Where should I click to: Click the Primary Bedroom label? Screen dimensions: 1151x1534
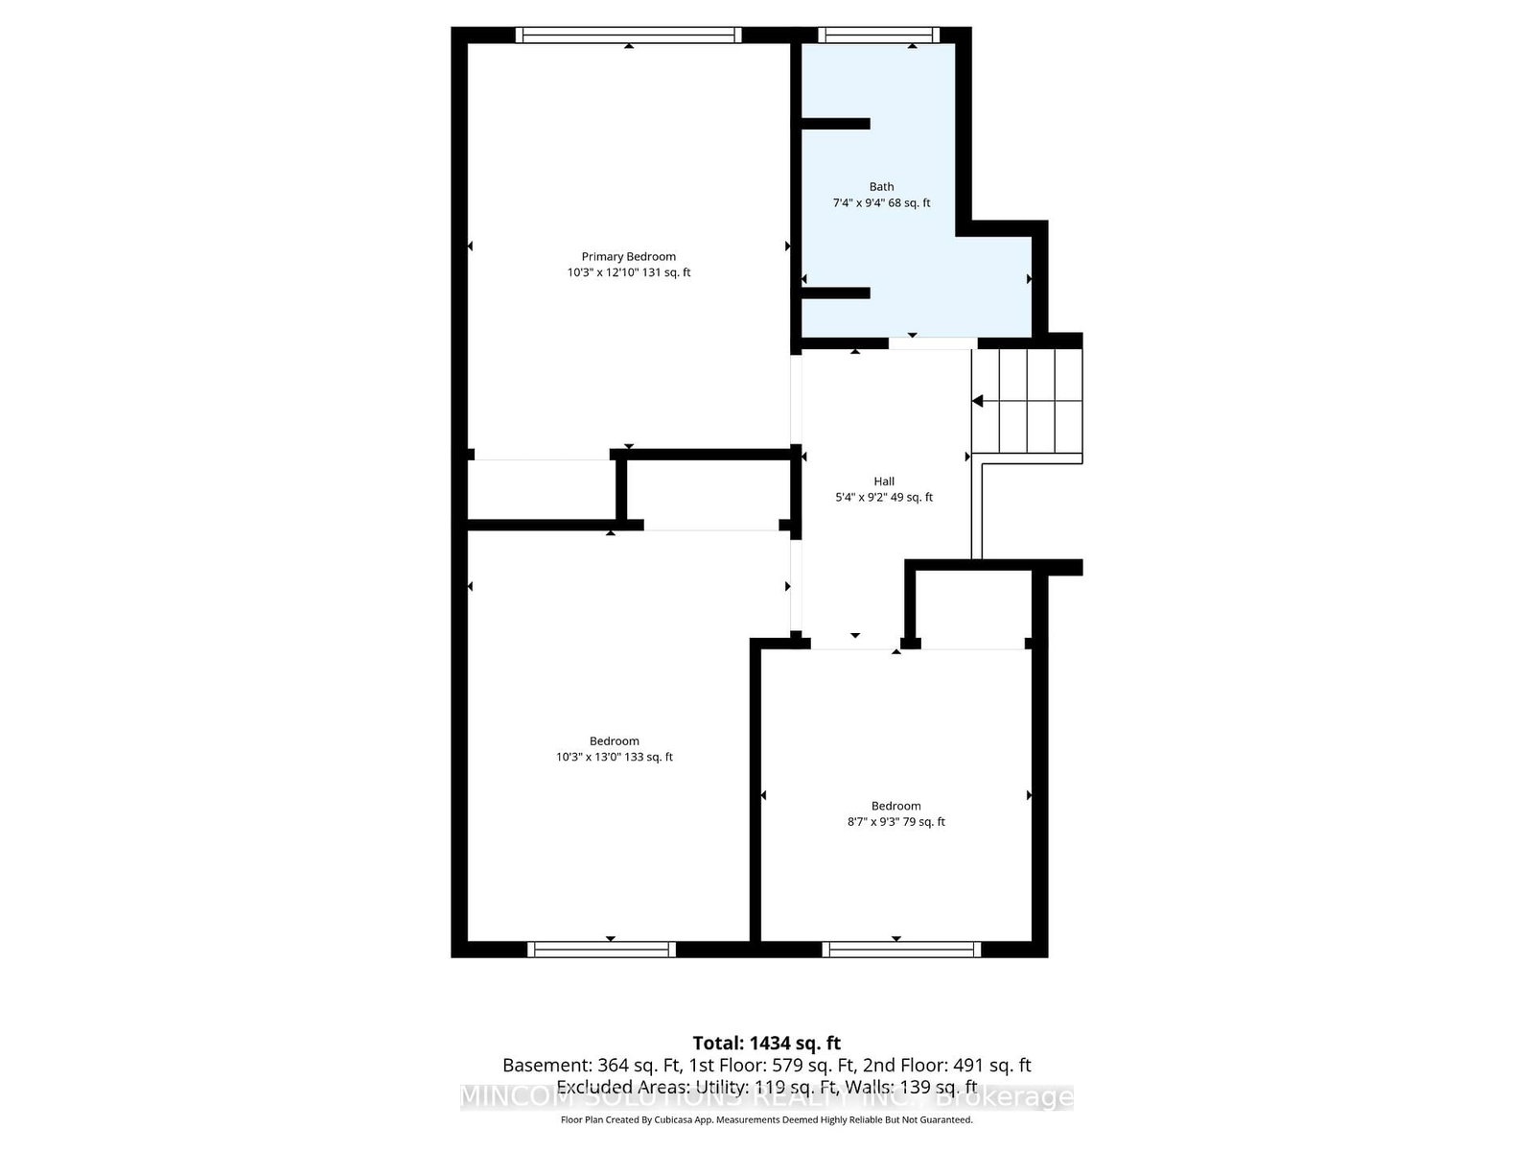pos(628,256)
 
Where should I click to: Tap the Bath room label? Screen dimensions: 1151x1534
pos(881,187)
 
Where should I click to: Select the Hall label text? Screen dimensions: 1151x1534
pos(883,482)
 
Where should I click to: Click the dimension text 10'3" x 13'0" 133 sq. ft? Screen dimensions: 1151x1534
pos(614,757)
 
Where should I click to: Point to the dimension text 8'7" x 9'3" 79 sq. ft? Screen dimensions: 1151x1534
pos(895,822)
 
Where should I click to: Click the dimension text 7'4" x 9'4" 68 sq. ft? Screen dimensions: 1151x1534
pos(881,203)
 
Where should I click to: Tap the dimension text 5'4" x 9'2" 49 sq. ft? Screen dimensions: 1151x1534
pos(883,498)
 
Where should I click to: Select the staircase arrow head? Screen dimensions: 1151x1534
pos(978,401)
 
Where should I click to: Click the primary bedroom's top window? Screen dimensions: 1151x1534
pos(628,35)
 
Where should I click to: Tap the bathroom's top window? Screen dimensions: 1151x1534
pos(879,35)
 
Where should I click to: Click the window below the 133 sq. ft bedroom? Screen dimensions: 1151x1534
pos(601,949)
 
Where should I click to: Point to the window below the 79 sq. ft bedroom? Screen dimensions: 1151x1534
pos(901,949)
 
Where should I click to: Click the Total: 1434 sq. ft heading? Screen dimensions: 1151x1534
pos(766,1043)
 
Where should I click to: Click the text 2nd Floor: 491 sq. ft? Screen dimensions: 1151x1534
pos(946,1065)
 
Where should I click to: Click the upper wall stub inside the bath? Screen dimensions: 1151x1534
pos(834,124)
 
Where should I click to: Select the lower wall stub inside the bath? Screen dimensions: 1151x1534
pos(834,293)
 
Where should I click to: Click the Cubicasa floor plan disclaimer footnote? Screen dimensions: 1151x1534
pos(766,1119)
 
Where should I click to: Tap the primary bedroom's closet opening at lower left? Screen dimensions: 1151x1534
pos(540,459)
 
